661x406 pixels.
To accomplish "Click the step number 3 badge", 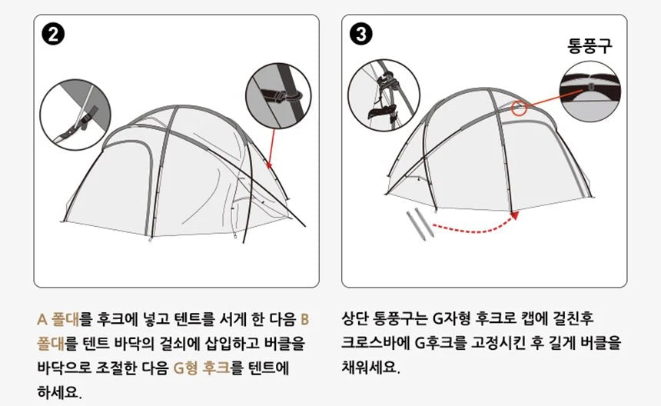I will point(360,35).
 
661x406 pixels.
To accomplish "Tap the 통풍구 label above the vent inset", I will point(590,45).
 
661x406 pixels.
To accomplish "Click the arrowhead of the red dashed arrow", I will point(514,215).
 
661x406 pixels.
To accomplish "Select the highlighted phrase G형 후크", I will point(202,368).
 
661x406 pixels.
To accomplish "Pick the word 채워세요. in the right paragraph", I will point(370,368).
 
